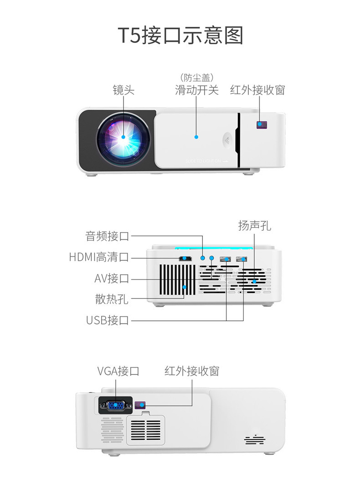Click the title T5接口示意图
[180, 36]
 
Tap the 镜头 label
[123, 90]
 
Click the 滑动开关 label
[196, 90]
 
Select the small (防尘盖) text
[197, 78]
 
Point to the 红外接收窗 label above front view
[257, 90]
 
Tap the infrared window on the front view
[262, 125]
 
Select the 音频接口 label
[107, 236]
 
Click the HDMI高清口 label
[99, 257]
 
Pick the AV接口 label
[112, 278]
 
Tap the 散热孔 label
[112, 299]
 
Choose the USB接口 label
[108, 320]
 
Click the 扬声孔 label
[255, 226]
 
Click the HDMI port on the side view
[185, 259]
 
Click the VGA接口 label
[118, 371]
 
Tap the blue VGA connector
[116, 405]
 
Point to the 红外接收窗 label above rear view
[192, 371]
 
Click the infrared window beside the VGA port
[140, 405]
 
